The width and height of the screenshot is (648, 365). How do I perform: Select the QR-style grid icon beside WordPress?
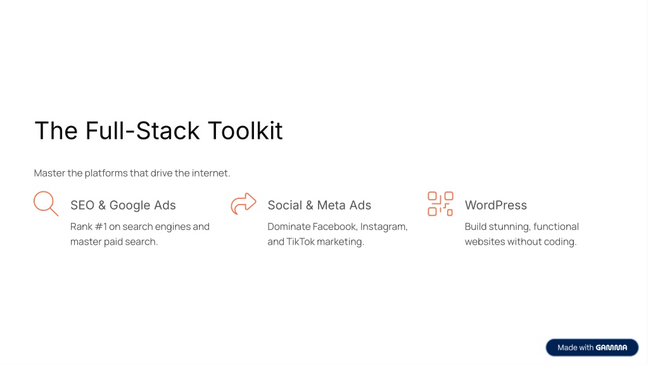click(440, 204)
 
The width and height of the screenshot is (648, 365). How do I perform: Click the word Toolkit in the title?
click(245, 131)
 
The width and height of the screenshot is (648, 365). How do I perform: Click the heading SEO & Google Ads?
click(123, 205)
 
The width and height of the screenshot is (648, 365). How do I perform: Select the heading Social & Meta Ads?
click(319, 205)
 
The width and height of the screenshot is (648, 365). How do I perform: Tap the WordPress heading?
click(496, 205)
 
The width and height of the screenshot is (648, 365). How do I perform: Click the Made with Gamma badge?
click(592, 348)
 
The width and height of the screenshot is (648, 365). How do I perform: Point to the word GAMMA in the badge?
click(611, 348)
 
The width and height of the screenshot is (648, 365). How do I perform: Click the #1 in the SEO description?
click(101, 226)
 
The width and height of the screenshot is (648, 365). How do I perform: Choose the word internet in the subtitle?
click(211, 173)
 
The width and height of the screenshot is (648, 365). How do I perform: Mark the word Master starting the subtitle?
click(49, 173)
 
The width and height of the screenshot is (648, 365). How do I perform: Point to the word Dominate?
click(289, 226)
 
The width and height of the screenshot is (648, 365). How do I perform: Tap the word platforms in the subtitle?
click(106, 173)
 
